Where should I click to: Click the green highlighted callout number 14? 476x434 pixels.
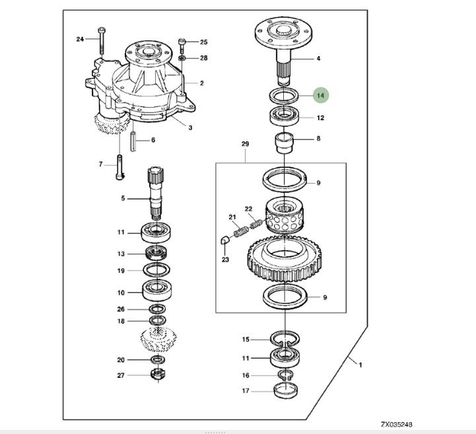[320, 95]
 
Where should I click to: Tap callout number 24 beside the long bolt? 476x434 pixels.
[80, 39]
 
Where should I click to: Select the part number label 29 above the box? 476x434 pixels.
[245, 143]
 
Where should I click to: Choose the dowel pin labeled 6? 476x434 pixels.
[133, 141]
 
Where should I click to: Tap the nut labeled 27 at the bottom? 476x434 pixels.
[158, 375]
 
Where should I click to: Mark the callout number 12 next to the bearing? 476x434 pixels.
[320, 118]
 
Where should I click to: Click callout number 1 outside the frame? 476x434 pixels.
[360, 364]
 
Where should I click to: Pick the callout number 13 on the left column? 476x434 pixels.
[121, 254]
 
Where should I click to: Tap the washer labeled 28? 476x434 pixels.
[182, 58]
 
